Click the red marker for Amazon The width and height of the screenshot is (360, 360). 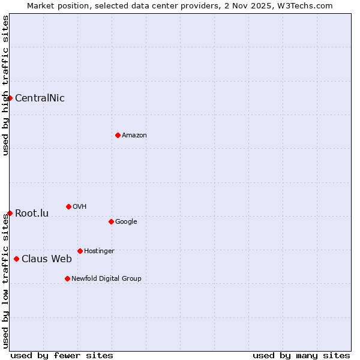point(118,135)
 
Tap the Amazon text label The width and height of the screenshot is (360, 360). point(134,136)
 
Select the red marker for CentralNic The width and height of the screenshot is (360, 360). point(10,98)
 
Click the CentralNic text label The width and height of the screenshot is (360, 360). point(40,98)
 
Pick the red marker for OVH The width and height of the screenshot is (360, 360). point(68,206)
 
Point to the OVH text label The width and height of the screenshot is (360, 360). point(80,207)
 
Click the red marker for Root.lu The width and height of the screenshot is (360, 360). point(10,213)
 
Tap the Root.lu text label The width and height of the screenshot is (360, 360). point(32,214)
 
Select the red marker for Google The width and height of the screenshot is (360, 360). point(111,221)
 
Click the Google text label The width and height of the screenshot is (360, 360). point(126,222)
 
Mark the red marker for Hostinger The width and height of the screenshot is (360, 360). point(80,251)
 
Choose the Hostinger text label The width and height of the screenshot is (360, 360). point(99,251)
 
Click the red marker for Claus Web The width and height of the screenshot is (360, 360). point(16,259)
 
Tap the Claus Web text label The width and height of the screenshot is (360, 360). point(47,259)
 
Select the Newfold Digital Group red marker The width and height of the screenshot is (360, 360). point(67,278)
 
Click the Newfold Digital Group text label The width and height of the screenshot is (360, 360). point(106,279)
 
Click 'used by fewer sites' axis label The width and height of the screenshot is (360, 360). point(62,355)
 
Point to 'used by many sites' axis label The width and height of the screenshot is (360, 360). point(301,355)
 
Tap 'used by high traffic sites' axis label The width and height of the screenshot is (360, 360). point(5,85)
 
